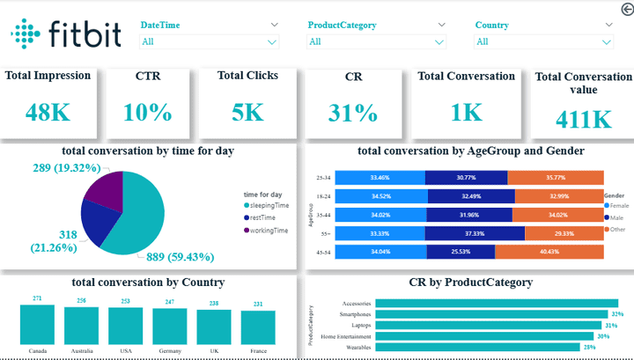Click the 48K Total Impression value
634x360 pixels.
pos(46,113)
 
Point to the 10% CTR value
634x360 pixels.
pos(147,113)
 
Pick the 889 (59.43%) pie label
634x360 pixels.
pos(176,257)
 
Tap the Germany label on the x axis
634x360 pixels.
pos(169,350)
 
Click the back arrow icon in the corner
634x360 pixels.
pos(625,9)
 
